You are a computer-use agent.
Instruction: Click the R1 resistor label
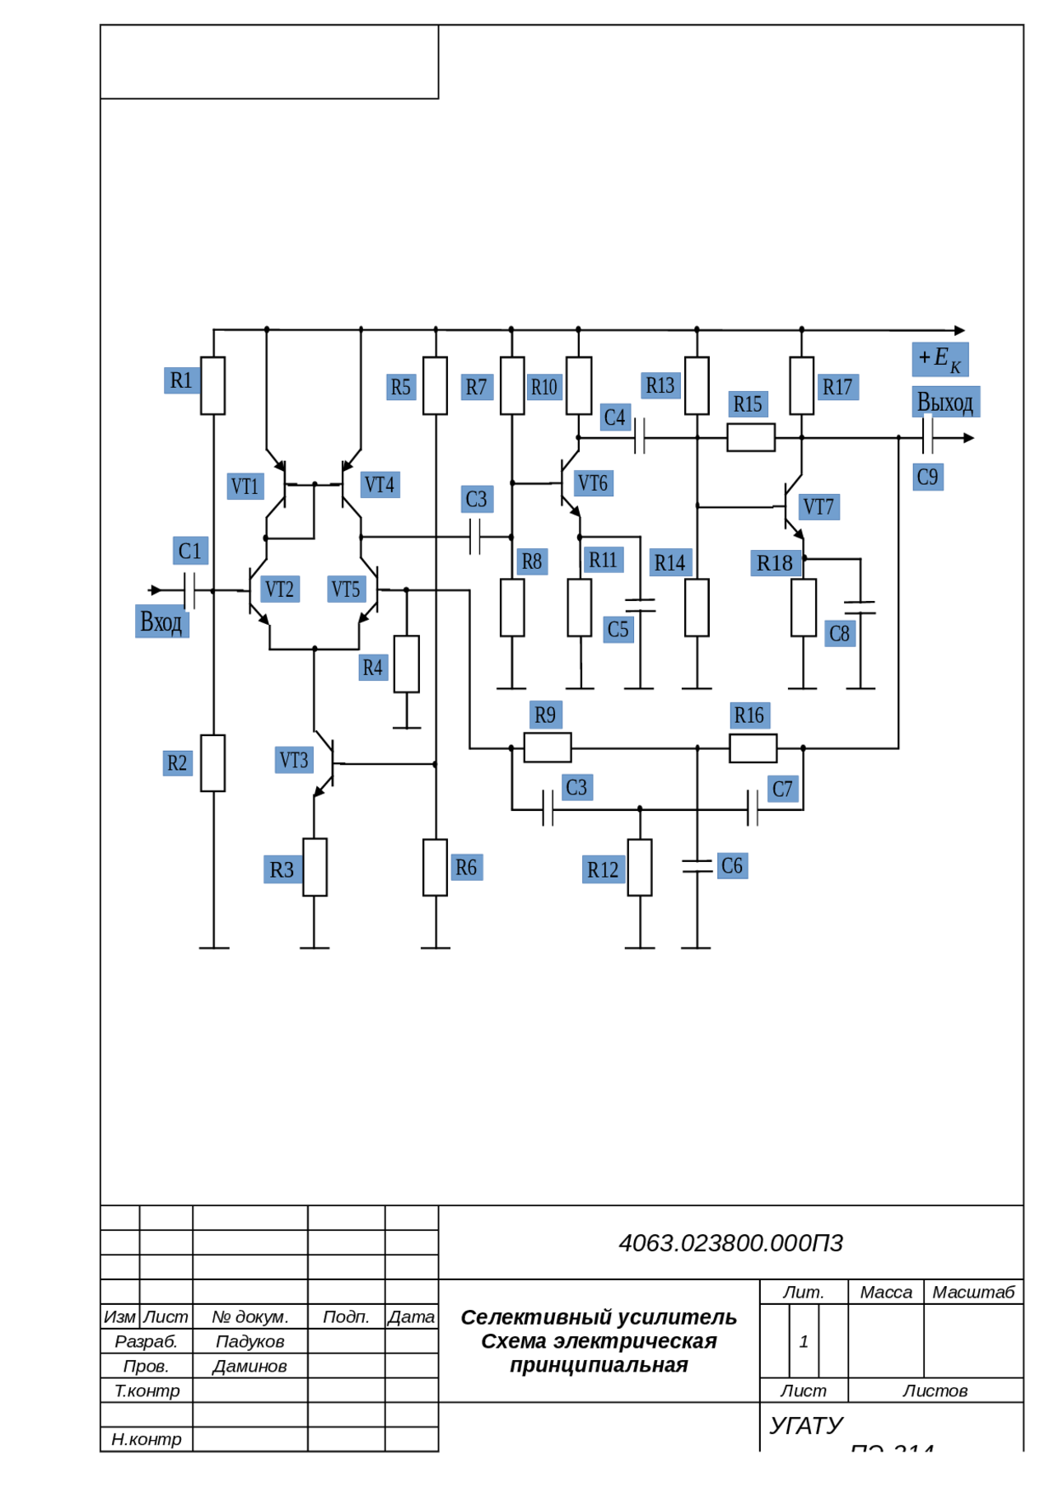click(x=181, y=380)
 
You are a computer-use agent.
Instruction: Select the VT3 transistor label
click(x=294, y=759)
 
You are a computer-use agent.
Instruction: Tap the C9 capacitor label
click(x=927, y=477)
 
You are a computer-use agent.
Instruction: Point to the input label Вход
click(x=161, y=621)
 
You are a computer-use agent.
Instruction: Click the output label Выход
click(x=945, y=402)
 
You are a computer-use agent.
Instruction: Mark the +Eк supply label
click(x=940, y=359)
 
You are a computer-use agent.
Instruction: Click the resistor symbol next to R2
click(x=213, y=763)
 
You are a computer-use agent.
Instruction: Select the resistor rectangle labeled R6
click(x=435, y=867)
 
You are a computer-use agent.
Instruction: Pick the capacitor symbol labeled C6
click(x=697, y=865)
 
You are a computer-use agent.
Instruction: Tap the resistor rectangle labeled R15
click(x=750, y=437)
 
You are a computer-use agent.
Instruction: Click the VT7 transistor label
click(x=818, y=506)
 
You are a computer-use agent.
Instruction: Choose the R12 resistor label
click(x=603, y=869)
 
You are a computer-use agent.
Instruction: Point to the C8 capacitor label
click(x=839, y=633)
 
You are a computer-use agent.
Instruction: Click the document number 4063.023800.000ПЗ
click(x=730, y=1242)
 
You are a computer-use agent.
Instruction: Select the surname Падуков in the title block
click(x=250, y=1341)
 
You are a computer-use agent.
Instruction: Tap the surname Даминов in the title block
click(x=250, y=1366)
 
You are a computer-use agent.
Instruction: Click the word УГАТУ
click(x=806, y=1425)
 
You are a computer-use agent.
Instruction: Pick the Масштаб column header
click(x=972, y=1292)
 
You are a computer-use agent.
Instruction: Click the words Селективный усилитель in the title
click(x=599, y=1317)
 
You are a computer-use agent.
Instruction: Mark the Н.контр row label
click(x=146, y=1438)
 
